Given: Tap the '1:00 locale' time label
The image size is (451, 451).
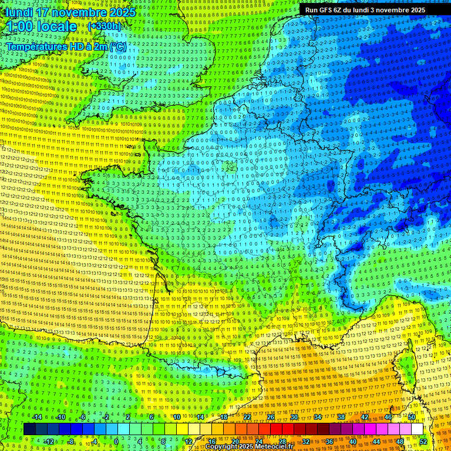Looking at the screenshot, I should point(42,26).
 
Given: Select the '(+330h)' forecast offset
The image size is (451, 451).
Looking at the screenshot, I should point(104,26).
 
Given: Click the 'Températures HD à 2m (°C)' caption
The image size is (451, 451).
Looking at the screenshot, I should point(66,46).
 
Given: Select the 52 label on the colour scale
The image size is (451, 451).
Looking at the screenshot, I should point(423,441).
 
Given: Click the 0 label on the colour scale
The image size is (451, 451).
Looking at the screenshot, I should point(116,441).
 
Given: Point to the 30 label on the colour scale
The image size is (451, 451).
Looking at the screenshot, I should point(294,417).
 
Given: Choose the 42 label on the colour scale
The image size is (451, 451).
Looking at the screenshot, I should point(364,417).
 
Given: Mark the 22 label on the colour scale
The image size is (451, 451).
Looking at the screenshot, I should point(247,417).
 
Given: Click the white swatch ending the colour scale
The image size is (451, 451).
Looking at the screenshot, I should point(417,429).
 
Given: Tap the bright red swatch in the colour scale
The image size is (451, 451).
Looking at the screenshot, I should point(276,429).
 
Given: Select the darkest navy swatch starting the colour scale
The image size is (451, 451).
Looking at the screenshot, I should point(29,429).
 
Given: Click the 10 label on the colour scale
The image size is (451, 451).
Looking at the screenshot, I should point(176,417).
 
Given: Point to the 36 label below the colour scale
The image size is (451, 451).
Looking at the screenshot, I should point(329,441).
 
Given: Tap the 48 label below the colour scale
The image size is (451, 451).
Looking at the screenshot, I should point(399,441).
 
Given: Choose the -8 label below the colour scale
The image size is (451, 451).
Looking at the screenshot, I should point(70,441).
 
